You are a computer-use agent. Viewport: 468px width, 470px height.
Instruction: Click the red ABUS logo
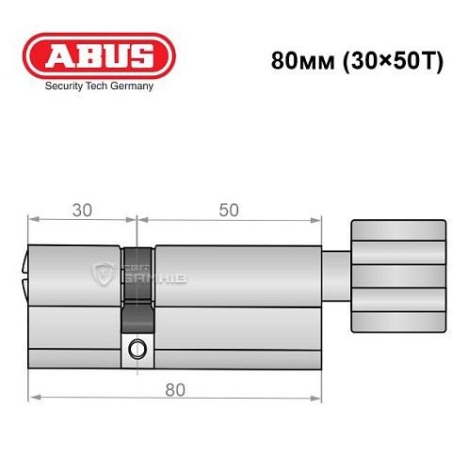(x=98, y=55)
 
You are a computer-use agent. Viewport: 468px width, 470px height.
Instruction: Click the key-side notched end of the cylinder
(x=26, y=277)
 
